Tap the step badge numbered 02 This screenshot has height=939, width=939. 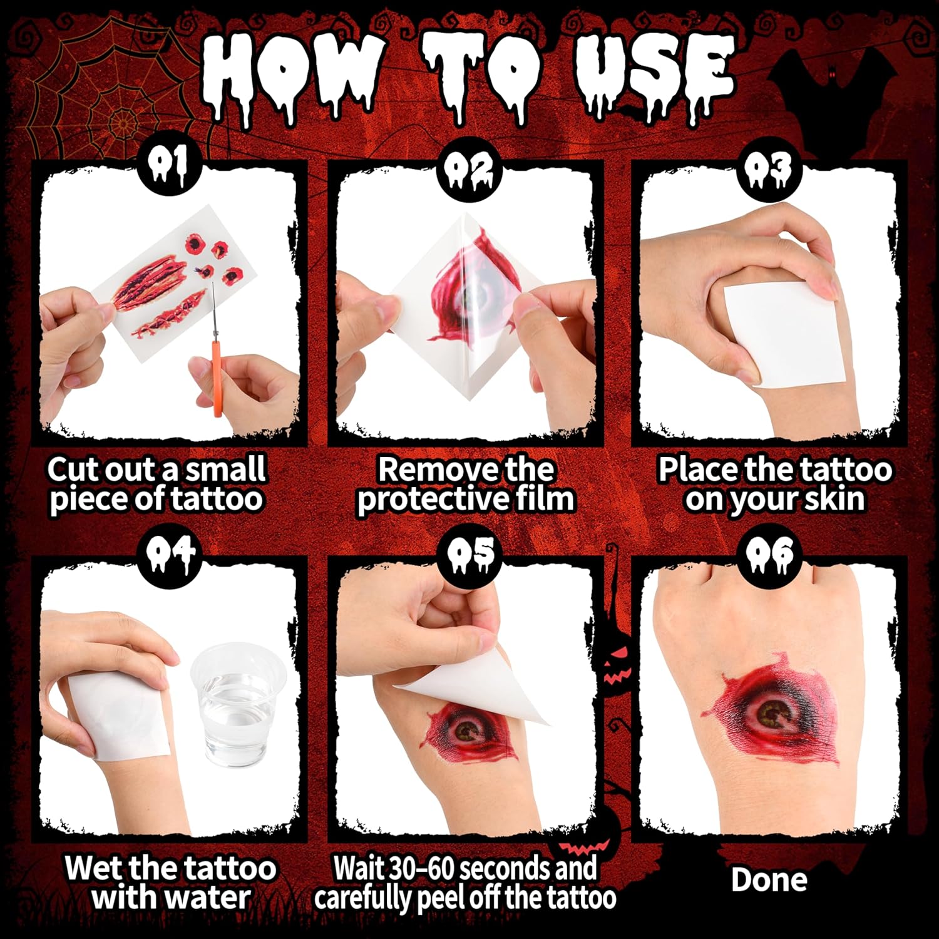coord(469,167)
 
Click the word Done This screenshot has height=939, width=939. coord(769,880)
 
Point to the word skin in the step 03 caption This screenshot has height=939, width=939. coord(833,498)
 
